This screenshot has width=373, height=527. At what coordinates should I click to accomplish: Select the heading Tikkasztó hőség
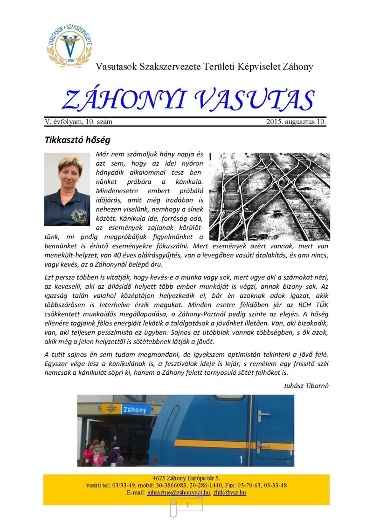pyautogui.click(x=77, y=140)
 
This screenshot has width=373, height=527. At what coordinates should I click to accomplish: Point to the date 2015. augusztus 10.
pyautogui.click(x=296, y=122)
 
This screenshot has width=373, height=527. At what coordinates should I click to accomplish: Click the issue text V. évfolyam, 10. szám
pyautogui.click(x=78, y=122)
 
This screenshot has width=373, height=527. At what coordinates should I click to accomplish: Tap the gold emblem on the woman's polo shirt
pyautogui.click(x=78, y=214)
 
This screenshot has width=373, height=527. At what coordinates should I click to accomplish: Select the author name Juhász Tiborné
pyautogui.click(x=306, y=386)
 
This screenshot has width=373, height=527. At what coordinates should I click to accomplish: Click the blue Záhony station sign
pyautogui.click(x=135, y=410)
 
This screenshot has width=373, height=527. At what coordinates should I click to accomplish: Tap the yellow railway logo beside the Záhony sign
pyautogui.click(x=111, y=409)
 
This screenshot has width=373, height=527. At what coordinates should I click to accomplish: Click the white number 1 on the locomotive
pyautogui.click(x=241, y=460)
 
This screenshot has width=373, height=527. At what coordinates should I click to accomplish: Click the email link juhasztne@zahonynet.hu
pyautogui.click(x=179, y=493)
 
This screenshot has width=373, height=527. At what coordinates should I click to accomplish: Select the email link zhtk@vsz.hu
pyautogui.click(x=230, y=493)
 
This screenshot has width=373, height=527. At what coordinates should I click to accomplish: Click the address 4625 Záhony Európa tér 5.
pyautogui.click(x=186, y=478)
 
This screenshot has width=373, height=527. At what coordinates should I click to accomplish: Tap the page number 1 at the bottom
pyautogui.click(x=187, y=505)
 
